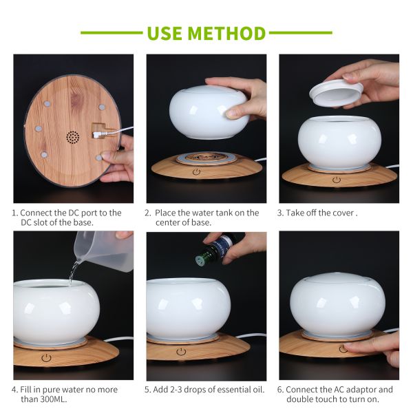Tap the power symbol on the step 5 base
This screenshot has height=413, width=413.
click(180, 351)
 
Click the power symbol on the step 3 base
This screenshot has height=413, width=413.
click(337, 180)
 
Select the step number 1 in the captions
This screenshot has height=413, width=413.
click(14, 213)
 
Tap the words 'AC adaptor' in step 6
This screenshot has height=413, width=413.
click(353, 390)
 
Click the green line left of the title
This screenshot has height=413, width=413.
click(110, 32)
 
